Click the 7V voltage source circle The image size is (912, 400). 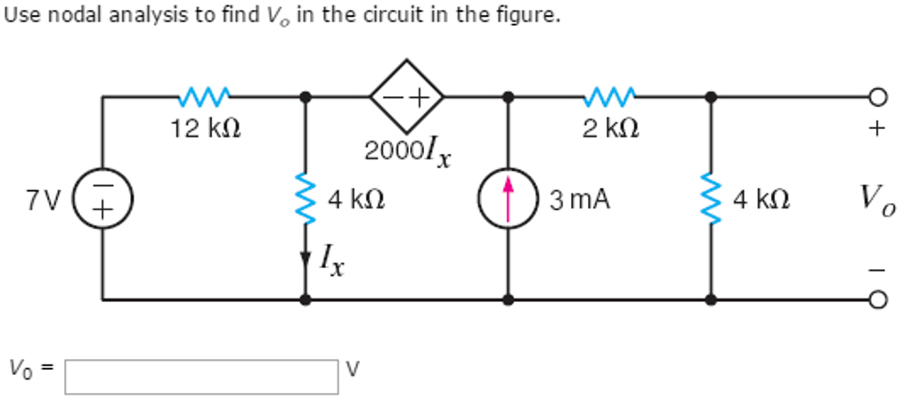(102, 199)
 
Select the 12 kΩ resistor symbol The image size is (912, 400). (205, 95)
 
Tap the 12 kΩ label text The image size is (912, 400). (205, 129)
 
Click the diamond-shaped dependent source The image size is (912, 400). (407, 95)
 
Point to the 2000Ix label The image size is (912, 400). (407, 152)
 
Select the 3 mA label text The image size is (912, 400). (579, 200)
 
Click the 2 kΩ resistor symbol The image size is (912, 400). (609, 95)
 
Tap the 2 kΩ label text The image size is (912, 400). (609, 129)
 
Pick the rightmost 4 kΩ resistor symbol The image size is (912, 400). (710, 199)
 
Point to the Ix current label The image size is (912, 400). (332, 261)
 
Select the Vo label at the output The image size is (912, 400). (877, 200)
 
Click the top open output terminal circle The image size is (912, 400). (878, 96)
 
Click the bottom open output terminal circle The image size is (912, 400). (878, 300)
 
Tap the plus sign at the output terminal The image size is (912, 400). (877, 130)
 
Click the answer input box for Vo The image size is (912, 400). (201, 376)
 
